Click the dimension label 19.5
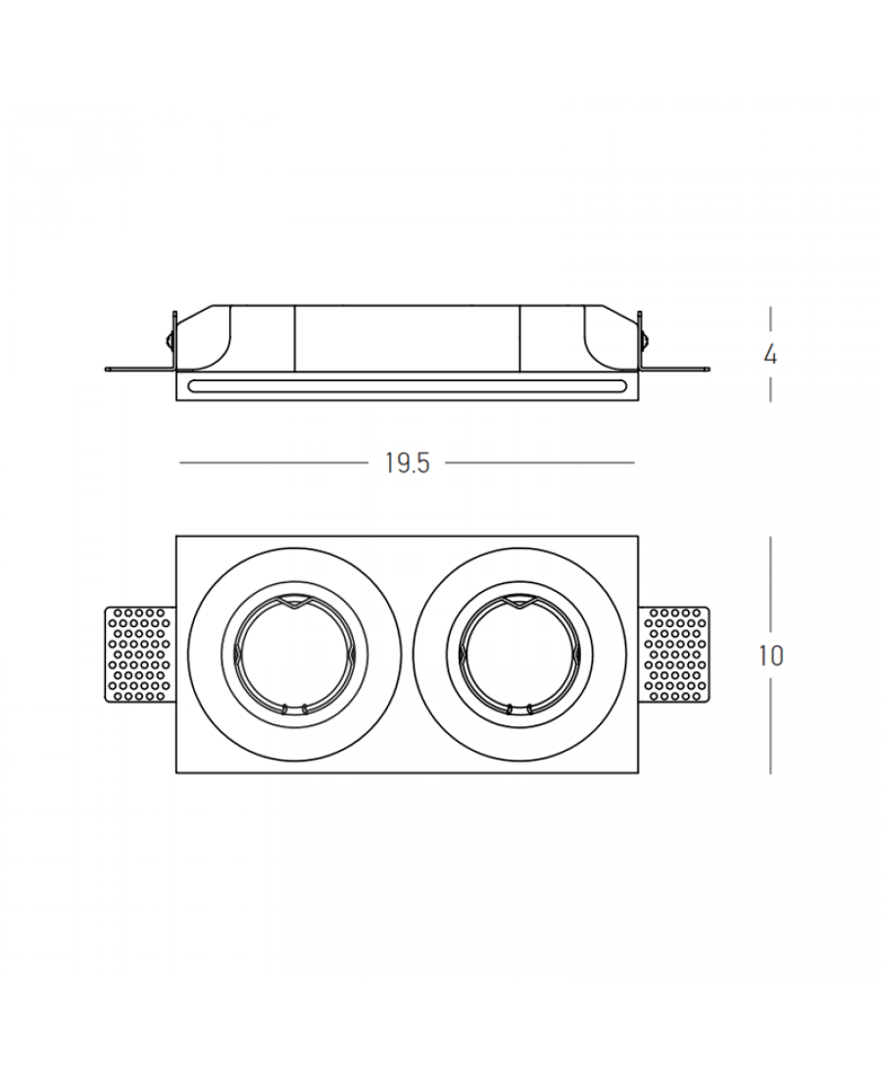pos(408,464)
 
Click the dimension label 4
pos(770,356)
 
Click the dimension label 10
pos(770,656)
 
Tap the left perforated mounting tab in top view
pos(140,655)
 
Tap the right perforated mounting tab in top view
pos(673,655)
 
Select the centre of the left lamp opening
pos(294,655)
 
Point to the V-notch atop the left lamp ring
pos(294,604)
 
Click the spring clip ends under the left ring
pos(294,708)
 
